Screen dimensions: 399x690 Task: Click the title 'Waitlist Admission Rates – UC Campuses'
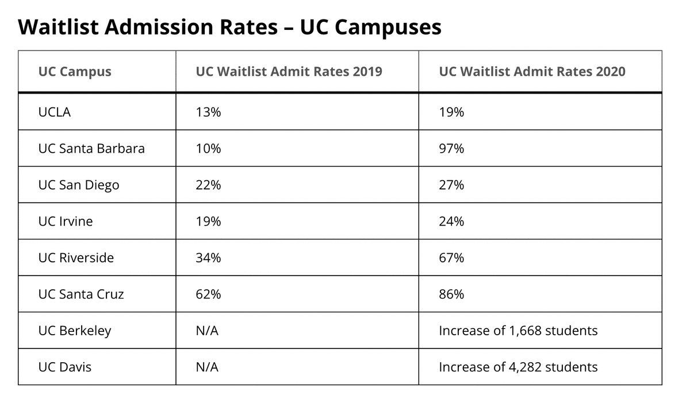tap(229, 27)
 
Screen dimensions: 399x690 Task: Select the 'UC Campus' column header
tap(75, 72)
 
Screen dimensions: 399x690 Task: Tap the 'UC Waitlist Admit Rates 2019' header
tap(289, 72)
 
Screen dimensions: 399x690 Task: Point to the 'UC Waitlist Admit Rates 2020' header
tap(532, 72)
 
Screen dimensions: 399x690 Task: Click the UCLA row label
tap(55, 112)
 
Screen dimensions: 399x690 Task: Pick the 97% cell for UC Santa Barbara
tap(451, 149)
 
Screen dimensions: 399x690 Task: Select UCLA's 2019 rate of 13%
tap(208, 112)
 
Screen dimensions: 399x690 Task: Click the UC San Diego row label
tap(79, 185)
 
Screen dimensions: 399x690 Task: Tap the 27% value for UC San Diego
tap(451, 185)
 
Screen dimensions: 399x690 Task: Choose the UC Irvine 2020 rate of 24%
tap(451, 222)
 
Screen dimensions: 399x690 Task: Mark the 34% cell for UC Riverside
tap(208, 258)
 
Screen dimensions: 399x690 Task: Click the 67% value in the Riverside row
tap(451, 258)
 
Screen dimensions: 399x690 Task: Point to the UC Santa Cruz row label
tap(81, 295)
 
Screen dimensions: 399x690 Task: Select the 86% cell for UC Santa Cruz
tap(451, 295)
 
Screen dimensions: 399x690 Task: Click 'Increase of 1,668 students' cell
tap(517, 331)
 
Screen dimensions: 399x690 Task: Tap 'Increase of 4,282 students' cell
tap(517, 367)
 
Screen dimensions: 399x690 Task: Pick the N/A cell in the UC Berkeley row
tap(207, 331)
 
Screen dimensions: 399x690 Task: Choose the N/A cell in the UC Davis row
tap(207, 367)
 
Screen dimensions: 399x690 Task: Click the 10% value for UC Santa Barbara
tap(208, 149)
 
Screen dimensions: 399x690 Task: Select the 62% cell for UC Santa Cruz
tap(208, 295)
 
